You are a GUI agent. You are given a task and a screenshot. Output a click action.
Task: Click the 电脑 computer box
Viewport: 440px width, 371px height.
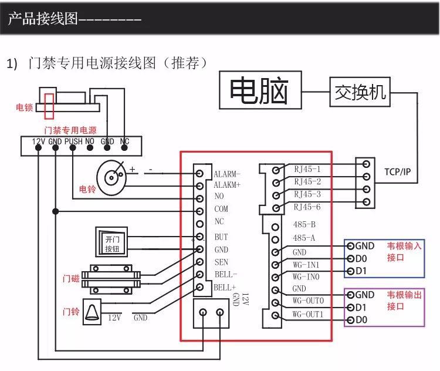point(260,92)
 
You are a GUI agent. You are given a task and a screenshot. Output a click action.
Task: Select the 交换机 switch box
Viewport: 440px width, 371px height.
point(359,92)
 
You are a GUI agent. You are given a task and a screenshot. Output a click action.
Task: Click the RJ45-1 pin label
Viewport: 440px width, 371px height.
point(307,169)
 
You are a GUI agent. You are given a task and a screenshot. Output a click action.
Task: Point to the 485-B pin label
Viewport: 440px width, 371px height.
point(304,225)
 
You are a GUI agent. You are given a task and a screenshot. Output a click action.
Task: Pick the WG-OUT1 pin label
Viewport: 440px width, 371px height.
point(308,315)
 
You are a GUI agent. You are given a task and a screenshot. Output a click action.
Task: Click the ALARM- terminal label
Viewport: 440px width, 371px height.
point(227,174)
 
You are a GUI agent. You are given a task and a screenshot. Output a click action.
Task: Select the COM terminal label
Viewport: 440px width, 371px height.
point(221,209)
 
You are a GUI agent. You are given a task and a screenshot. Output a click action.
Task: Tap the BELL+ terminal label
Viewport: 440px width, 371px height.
point(224,287)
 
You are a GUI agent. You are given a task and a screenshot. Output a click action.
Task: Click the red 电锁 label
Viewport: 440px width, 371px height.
point(24,107)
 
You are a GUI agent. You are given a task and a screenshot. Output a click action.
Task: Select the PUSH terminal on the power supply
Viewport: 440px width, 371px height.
point(73,141)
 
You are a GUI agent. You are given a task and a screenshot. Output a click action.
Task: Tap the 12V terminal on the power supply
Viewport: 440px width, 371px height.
point(38,141)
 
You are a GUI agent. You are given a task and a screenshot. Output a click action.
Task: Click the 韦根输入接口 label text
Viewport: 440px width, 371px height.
point(404,251)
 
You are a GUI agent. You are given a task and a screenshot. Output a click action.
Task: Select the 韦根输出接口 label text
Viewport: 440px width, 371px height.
point(404,300)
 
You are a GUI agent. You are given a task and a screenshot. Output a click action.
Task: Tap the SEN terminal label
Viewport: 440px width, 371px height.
point(221,262)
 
